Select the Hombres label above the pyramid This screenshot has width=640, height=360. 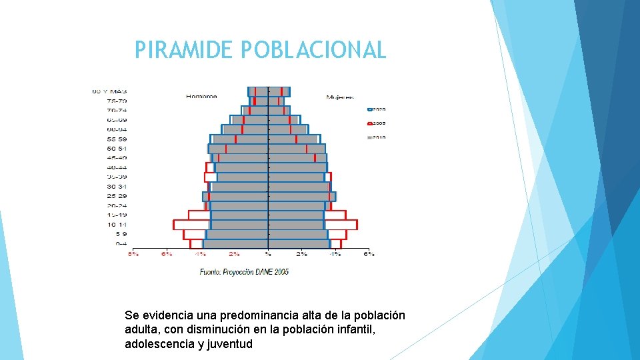[x=201, y=97]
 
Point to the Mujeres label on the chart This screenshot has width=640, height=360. [x=339, y=97]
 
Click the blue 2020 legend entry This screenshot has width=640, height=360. [x=375, y=109]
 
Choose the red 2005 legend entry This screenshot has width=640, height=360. [x=375, y=123]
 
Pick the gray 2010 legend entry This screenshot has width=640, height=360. [x=375, y=137]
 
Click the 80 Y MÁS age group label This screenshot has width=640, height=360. [x=110, y=91]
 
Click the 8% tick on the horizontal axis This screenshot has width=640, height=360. [x=133, y=254]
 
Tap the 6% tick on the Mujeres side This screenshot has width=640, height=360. [x=369, y=254]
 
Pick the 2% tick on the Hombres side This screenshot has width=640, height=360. [x=234, y=254]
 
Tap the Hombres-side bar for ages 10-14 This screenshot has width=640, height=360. [x=220, y=225]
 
